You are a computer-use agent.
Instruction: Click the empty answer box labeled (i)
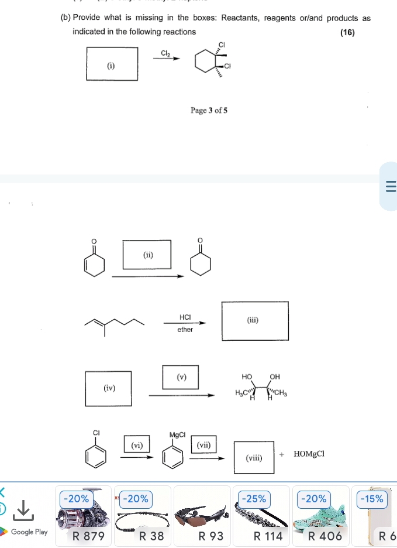point(112,63)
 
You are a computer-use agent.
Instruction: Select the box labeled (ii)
point(148,255)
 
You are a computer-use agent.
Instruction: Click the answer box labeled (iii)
point(254,320)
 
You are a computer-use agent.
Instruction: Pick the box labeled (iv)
point(109,388)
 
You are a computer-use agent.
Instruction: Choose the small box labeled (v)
point(181,376)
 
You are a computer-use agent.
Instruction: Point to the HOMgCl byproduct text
point(309,454)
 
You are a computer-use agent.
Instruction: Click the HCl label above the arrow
point(185,317)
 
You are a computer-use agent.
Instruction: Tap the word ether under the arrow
point(185,330)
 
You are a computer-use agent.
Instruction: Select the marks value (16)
point(348,32)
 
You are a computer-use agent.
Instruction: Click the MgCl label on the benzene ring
point(177,435)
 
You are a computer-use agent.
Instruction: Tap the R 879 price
point(87,536)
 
